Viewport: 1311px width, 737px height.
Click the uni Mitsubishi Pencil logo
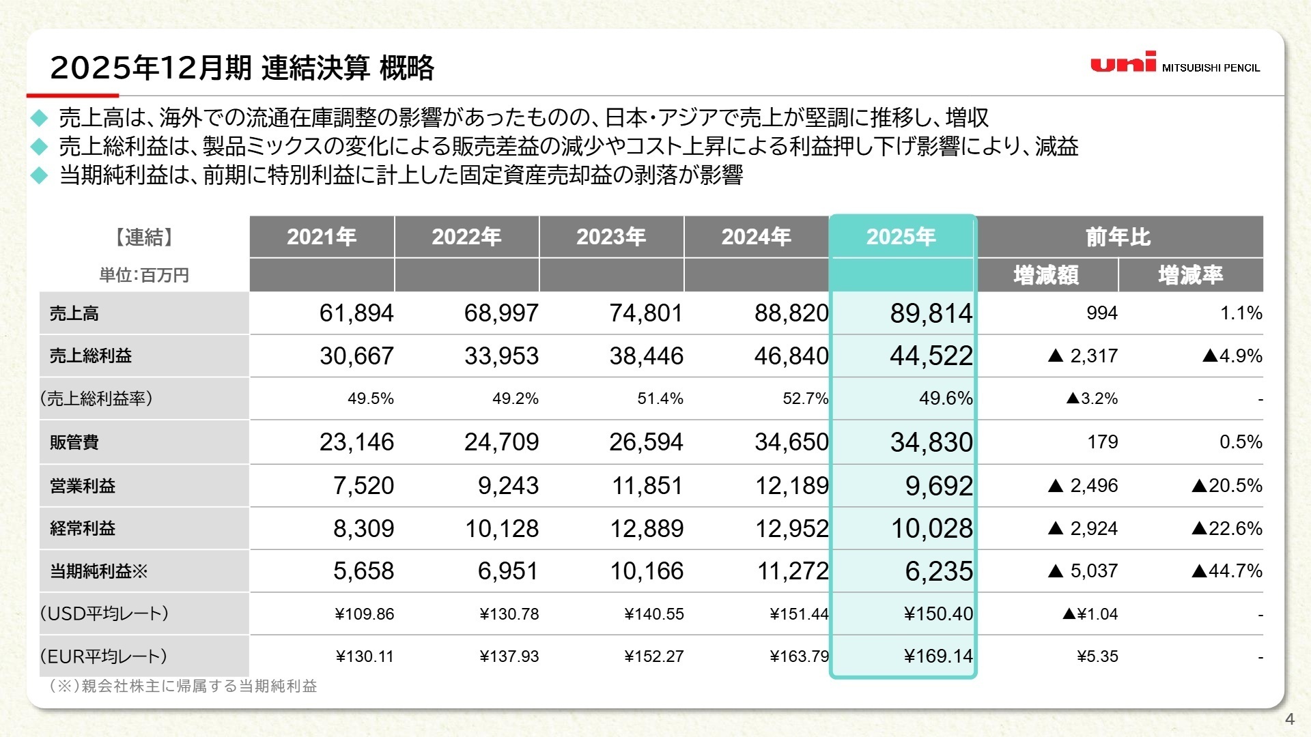(x=1174, y=63)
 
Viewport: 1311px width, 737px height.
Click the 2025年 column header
(x=901, y=237)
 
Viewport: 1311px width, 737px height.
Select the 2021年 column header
(x=322, y=237)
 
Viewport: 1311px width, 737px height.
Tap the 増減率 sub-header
(x=1190, y=275)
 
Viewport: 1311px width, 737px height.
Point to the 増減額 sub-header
(x=1046, y=275)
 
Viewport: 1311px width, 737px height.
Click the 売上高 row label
(x=74, y=313)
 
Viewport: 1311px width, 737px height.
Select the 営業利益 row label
(x=83, y=486)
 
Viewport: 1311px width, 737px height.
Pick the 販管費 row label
(x=74, y=442)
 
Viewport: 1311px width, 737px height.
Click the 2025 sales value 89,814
(x=931, y=313)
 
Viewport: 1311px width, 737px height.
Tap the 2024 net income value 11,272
(x=792, y=570)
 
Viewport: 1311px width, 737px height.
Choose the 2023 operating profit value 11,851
(x=647, y=486)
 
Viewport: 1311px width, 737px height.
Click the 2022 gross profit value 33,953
(x=501, y=356)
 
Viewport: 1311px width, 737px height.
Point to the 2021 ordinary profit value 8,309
(x=363, y=528)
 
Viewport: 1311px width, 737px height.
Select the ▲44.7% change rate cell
(x=1227, y=570)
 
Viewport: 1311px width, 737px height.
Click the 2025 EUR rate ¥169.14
(x=938, y=656)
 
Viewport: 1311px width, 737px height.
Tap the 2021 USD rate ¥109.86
(x=365, y=614)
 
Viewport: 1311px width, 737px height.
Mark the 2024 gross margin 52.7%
(x=805, y=399)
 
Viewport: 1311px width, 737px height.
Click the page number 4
(x=1289, y=719)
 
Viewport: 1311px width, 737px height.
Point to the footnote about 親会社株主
(x=183, y=686)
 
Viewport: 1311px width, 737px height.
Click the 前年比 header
(x=1118, y=237)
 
